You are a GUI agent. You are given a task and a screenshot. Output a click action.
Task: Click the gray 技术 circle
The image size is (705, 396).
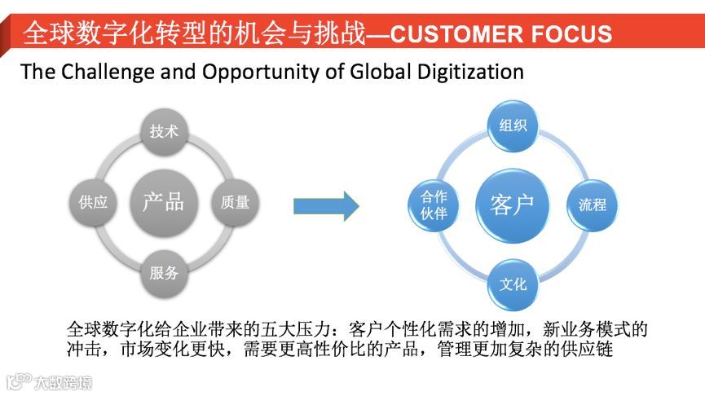(164, 130)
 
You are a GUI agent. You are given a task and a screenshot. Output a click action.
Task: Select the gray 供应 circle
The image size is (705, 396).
(93, 202)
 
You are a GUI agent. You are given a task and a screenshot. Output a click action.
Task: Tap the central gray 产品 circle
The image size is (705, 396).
(163, 202)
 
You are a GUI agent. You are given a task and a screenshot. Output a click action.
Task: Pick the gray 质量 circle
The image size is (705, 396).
(235, 202)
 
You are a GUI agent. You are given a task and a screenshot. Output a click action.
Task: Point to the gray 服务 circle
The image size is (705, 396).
(164, 273)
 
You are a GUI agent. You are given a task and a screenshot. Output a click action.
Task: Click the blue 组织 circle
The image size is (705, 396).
(513, 125)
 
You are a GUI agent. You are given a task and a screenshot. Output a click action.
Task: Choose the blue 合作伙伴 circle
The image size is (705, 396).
(434, 205)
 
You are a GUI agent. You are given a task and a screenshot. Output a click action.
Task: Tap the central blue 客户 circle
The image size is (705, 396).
(513, 204)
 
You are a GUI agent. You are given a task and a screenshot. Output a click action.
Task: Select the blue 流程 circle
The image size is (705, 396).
(593, 205)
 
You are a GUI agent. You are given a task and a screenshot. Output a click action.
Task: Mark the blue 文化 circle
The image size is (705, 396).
(513, 284)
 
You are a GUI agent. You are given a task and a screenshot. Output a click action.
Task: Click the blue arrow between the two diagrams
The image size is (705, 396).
(325, 205)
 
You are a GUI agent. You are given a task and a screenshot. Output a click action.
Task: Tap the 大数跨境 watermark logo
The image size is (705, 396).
(49, 381)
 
